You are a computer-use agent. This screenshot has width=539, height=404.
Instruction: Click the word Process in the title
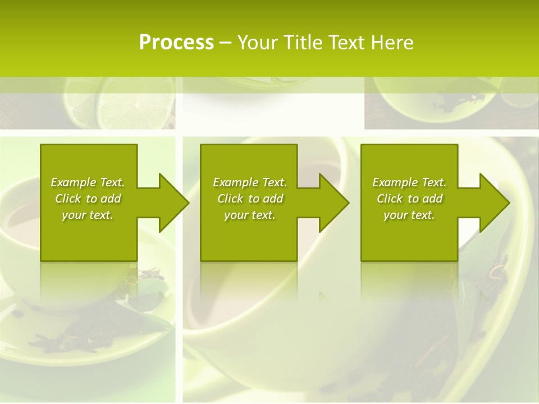176,43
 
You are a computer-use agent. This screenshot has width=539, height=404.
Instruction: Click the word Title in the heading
304,43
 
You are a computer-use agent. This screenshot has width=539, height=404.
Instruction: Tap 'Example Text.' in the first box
88,182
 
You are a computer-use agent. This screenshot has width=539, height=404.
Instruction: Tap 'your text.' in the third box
409,215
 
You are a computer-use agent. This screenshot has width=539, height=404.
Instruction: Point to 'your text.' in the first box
88,215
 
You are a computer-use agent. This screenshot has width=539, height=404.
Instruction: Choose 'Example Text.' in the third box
409,182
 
